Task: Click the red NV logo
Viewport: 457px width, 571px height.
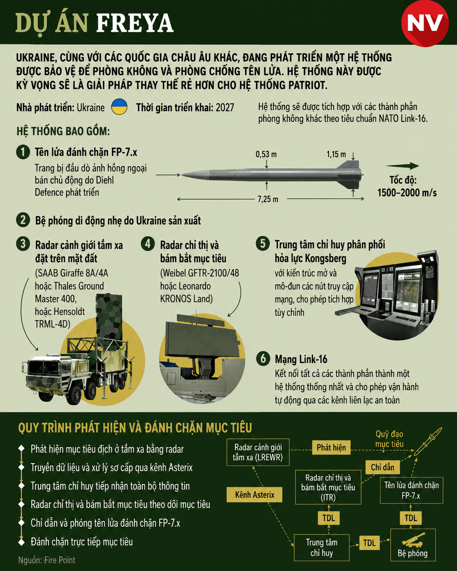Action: pyautogui.click(x=425, y=23)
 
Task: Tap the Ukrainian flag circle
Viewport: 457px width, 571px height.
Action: pyautogui.click(x=119, y=107)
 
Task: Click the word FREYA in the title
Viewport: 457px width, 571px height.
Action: pyautogui.click(x=135, y=23)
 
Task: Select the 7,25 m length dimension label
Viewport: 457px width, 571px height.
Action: pyautogui.click(x=268, y=199)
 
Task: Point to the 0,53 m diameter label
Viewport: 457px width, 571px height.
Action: pyautogui.click(x=266, y=154)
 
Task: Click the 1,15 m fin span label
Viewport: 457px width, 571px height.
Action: pyautogui.click(x=336, y=154)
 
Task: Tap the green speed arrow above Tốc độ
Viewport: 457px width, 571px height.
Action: pyautogui.click(x=402, y=166)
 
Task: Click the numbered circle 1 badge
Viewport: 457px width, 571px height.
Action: pyautogui.click(x=23, y=152)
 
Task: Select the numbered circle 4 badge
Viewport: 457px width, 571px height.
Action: pyautogui.click(x=148, y=243)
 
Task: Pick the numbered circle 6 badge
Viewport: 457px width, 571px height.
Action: pyautogui.click(x=263, y=358)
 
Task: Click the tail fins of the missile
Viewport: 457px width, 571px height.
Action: pyautogui.click(x=350, y=175)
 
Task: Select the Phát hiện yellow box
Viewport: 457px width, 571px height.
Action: pyautogui.click(x=331, y=448)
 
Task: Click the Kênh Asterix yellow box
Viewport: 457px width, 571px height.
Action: pyautogui.click(x=255, y=494)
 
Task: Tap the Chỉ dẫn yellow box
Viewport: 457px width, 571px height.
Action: pyautogui.click(x=382, y=467)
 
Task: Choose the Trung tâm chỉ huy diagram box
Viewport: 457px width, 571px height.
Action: pyautogui.click(x=322, y=548)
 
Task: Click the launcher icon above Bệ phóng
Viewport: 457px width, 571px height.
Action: pyautogui.click(x=413, y=540)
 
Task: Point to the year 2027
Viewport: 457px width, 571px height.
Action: pyautogui.click(x=225, y=108)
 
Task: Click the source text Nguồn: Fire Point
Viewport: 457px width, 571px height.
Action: pyautogui.click(x=47, y=560)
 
